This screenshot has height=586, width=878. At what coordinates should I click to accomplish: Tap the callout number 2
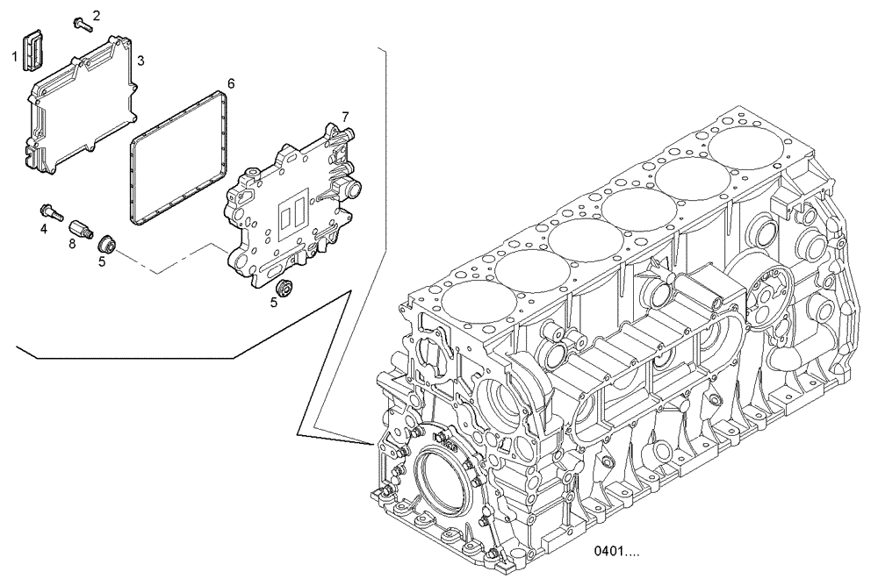(x=97, y=15)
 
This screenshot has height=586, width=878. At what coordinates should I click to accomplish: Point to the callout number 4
(x=42, y=231)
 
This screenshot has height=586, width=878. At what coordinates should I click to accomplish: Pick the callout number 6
(x=231, y=83)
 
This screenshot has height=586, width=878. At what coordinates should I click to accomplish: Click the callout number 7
(x=346, y=116)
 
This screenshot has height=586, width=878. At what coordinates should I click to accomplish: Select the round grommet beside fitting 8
(x=106, y=242)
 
